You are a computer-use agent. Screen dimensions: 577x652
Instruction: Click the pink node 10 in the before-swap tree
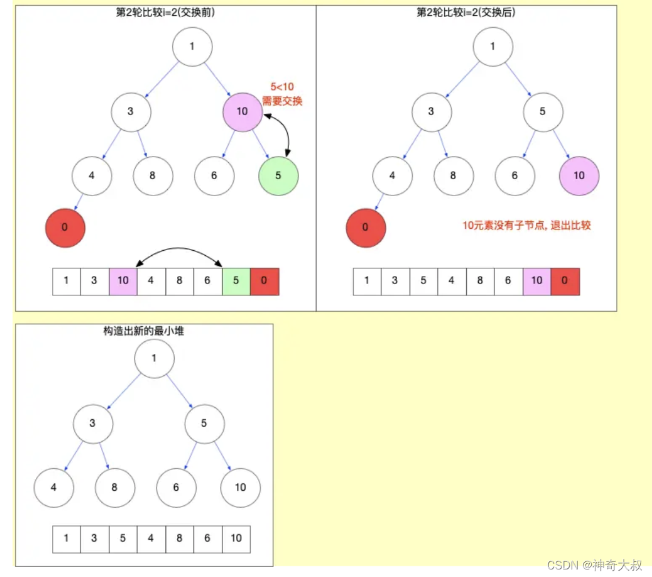242,112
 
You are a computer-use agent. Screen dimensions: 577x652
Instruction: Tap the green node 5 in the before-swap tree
278,175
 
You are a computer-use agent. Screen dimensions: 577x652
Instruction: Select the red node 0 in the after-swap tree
366,227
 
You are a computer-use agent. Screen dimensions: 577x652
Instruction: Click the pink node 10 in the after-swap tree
579,175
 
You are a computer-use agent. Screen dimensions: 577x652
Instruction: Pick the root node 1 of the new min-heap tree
154,358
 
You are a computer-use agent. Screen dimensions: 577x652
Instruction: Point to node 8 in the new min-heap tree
115,487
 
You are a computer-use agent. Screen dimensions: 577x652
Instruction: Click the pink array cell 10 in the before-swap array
123,281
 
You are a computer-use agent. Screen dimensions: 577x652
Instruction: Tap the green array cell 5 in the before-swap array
236,281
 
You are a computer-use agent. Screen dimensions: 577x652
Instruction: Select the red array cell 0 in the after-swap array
565,281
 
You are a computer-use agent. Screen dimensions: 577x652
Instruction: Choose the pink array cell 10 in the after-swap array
536,281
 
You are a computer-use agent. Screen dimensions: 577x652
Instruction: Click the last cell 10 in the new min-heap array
236,539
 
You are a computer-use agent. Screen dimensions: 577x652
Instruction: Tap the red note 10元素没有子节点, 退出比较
526,225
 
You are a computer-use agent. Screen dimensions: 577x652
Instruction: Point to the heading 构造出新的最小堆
144,331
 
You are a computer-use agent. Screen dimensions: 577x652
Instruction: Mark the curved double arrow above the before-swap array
180,251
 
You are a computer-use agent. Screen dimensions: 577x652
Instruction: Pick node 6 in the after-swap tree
514,175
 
